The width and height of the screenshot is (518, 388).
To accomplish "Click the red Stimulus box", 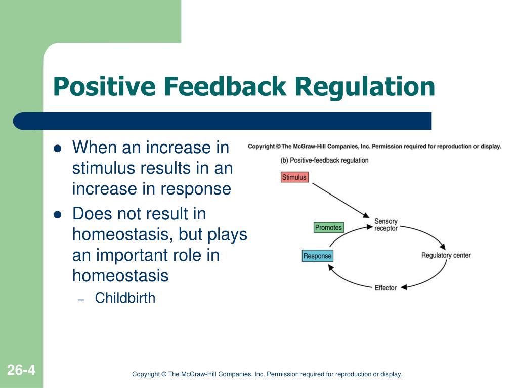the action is (x=294, y=177).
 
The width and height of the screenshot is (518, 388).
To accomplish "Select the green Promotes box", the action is (x=329, y=228).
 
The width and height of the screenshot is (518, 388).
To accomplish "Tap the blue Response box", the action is (x=318, y=256).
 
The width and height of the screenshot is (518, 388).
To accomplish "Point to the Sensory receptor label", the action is (x=386, y=225).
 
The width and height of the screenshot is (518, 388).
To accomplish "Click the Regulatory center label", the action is (x=446, y=255).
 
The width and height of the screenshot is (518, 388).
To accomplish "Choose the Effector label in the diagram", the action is (x=385, y=288).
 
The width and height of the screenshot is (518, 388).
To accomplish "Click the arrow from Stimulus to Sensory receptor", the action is (x=340, y=200).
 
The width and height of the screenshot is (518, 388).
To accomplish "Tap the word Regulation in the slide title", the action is (x=365, y=86).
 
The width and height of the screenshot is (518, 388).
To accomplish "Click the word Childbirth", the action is (x=125, y=298).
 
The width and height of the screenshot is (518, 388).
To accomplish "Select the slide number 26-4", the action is (x=21, y=370).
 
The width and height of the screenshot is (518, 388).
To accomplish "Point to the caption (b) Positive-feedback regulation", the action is (x=324, y=160).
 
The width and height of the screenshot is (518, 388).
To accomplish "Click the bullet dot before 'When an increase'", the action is (x=58, y=149).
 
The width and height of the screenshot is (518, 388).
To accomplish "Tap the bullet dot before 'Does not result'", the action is (x=58, y=215).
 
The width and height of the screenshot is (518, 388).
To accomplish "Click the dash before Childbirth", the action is (x=81, y=300).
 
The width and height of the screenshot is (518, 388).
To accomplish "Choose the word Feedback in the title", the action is (x=225, y=86).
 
